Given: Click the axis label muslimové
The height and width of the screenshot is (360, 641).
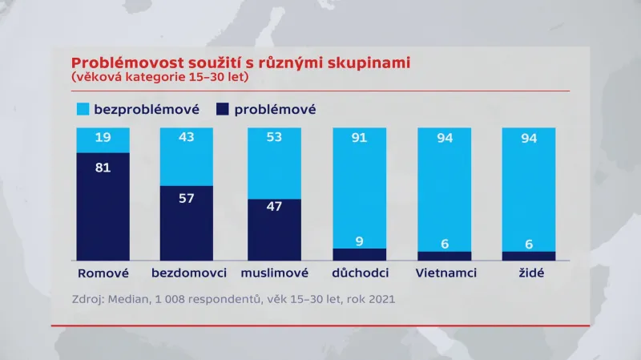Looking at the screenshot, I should click(275, 273).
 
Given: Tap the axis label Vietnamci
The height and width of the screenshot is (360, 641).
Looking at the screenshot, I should click(446, 273).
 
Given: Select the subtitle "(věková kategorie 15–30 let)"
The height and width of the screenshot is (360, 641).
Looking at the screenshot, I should click(159, 78).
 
